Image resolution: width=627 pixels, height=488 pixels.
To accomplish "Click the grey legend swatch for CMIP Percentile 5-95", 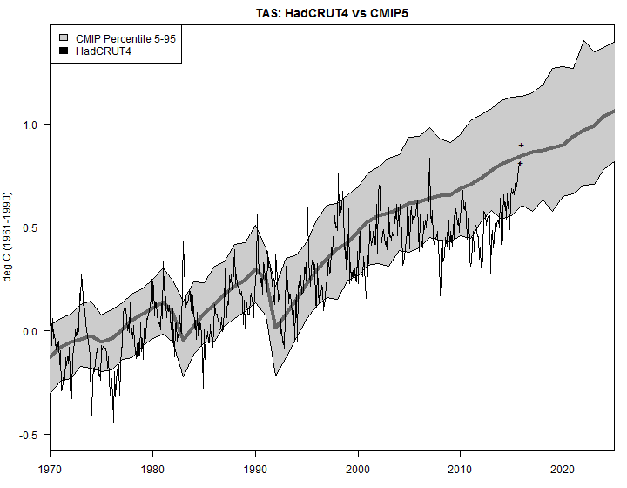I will click(64, 39).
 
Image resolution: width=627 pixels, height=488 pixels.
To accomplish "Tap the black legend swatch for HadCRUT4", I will click(64, 51).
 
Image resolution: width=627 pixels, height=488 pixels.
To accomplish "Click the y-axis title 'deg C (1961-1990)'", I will click(10, 235).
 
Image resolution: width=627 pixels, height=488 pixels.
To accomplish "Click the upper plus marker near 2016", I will click(521, 145).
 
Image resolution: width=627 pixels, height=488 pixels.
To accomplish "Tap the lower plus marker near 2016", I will click(520, 163).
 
